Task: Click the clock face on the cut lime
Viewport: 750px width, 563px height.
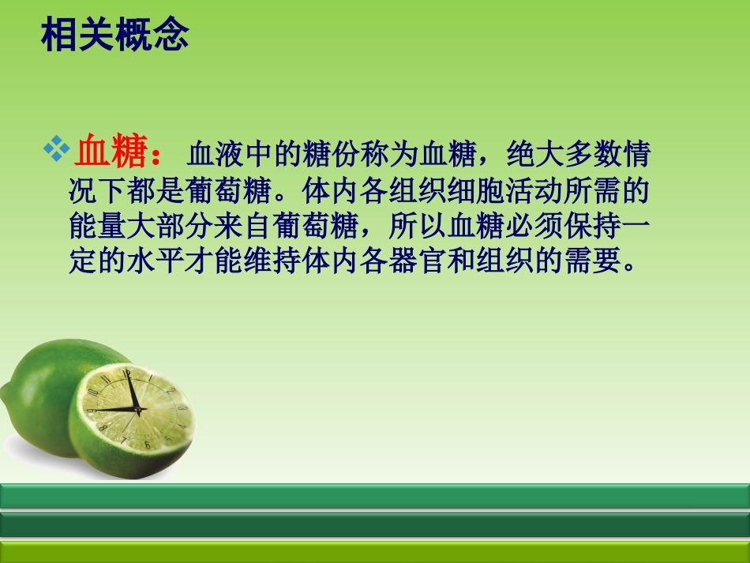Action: pyautogui.click(x=135, y=406)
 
